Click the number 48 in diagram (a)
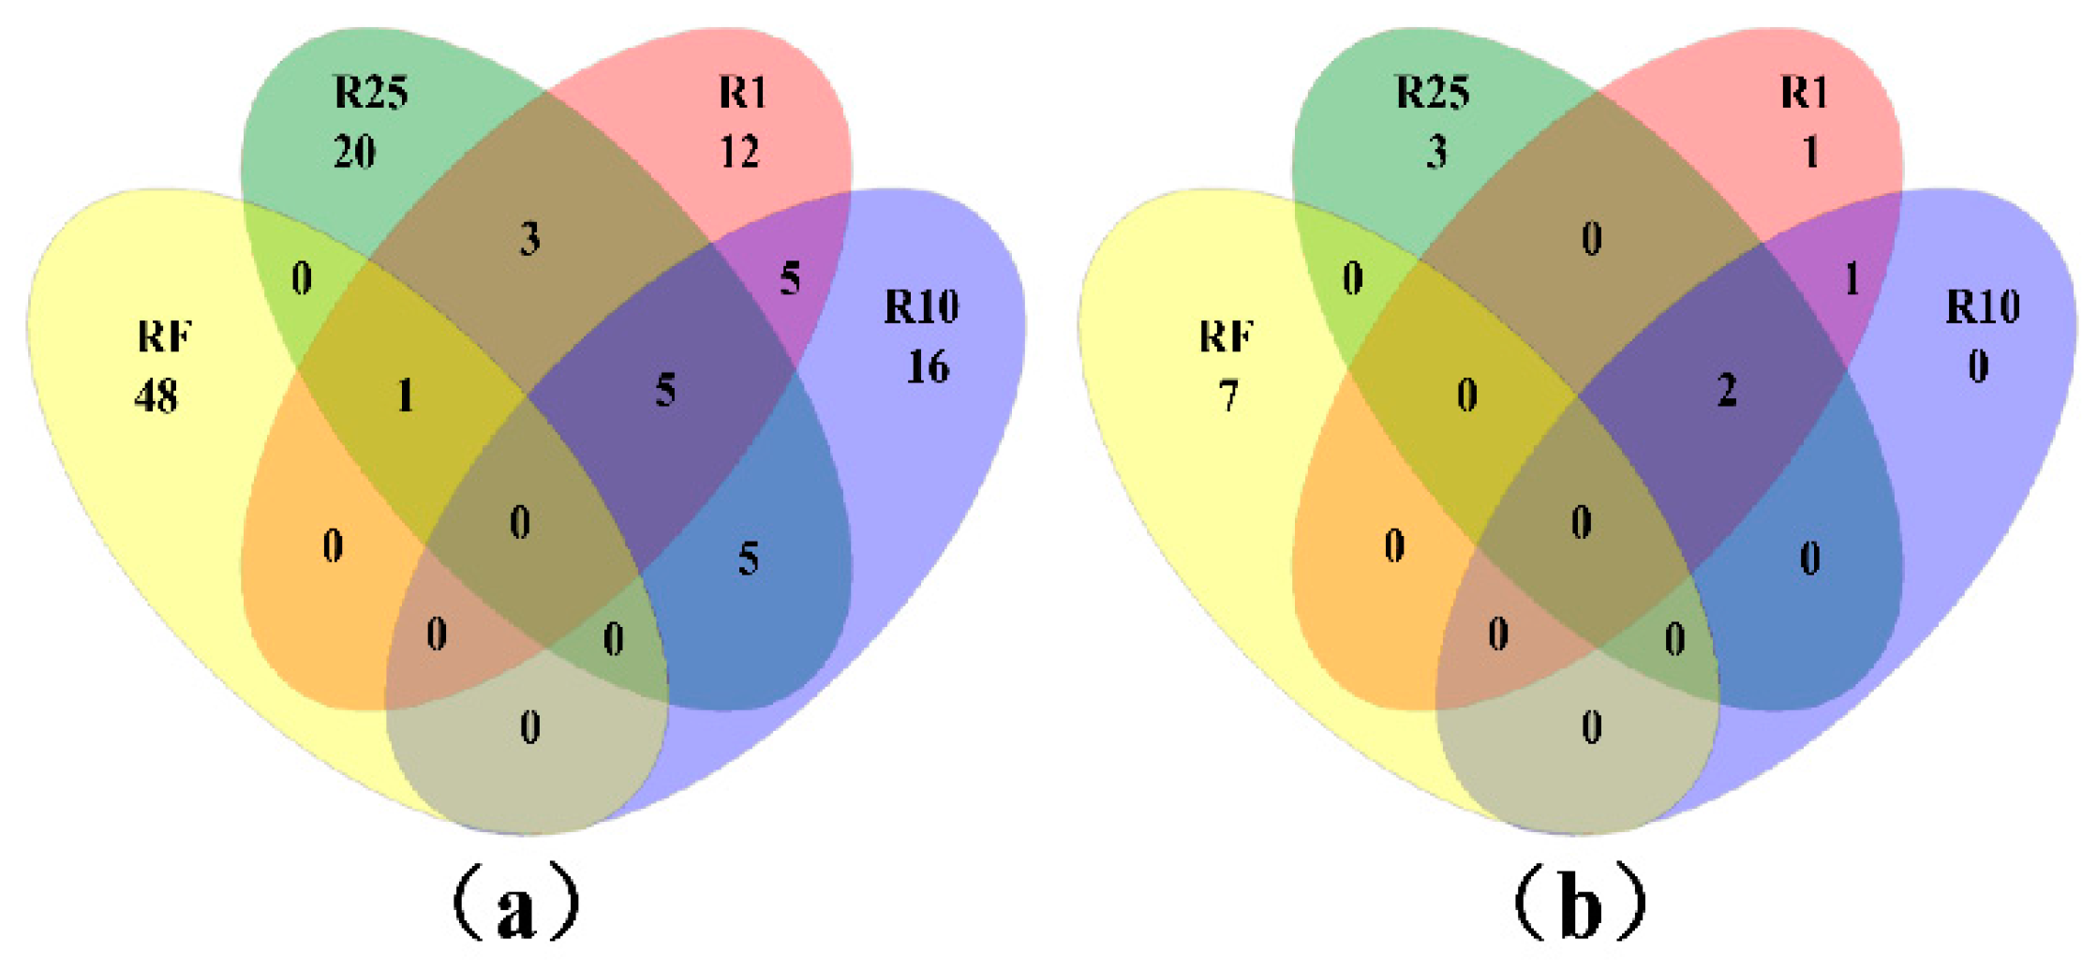tap(156, 396)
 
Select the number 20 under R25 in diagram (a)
tap(355, 151)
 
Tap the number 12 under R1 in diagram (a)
tap(739, 151)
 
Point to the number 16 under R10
tap(928, 366)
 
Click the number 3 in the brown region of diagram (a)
tap(530, 239)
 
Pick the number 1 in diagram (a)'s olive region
tap(405, 395)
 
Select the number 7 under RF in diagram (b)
tap(1228, 396)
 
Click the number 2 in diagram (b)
tap(1727, 390)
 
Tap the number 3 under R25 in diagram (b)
tap(1436, 151)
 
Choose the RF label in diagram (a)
tap(165, 336)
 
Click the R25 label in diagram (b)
tap(1433, 92)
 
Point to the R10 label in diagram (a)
tap(922, 307)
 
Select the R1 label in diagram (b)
tap(1804, 92)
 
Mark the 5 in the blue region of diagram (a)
tap(748, 559)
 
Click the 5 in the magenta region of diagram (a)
tap(790, 278)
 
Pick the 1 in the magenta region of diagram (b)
tap(1852, 278)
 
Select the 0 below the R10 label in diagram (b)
tap(1978, 366)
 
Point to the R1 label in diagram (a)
tap(743, 92)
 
